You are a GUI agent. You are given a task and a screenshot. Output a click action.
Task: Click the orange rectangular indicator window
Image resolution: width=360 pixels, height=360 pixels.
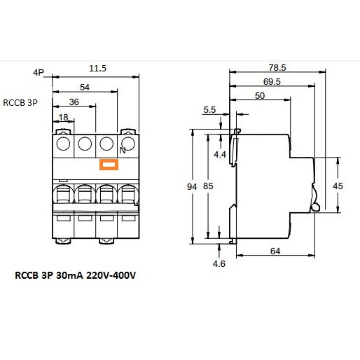pyautogui.click(x=109, y=165)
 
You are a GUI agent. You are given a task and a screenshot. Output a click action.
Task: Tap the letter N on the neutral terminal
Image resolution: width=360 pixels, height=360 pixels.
pyautogui.click(x=123, y=151)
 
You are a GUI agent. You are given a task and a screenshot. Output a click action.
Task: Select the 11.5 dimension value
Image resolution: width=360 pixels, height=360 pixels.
pyautogui.click(x=97, y=69)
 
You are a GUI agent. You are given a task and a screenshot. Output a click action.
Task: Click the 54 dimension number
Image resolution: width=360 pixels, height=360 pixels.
pyautogui.click(x=85, y=88)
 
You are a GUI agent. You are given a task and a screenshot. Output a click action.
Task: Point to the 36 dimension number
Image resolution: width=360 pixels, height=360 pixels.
pyautogui.click(x=74, y=102)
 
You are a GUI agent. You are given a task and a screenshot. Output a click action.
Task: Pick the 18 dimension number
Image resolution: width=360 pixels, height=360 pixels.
pyautogui.click(x=64, y=117)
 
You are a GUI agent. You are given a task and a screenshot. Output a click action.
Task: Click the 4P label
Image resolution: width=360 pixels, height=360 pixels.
pyautogui.click(x=39, y=73)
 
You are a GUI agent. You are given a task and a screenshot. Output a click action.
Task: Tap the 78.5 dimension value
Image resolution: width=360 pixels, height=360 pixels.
pyautogui.click(x=277, y=68)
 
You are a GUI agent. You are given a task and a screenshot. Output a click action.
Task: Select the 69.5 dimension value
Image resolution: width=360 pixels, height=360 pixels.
pyautogui.click(x=272, y=82)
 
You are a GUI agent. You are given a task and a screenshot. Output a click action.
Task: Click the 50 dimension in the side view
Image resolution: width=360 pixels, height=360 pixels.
pyautogui.click(x=260, y=96)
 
